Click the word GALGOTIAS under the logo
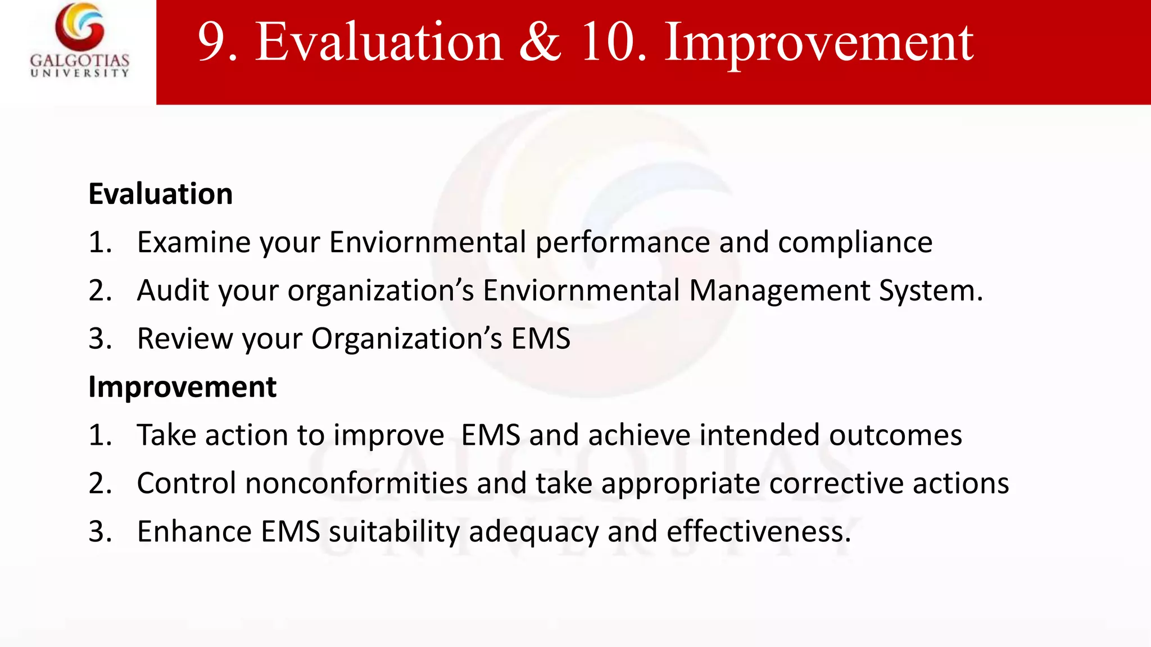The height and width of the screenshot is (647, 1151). pos(80,60)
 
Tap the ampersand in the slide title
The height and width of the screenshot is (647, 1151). pos(540,43)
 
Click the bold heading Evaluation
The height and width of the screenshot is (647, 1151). pos(161,194)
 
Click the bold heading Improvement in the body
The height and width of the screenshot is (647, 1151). pos(183,387)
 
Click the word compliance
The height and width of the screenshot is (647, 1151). pos(855,243)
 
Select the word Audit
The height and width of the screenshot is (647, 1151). pos(173,291)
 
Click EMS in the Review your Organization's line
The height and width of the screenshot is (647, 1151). pos(540,339)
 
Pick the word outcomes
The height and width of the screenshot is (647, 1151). pos(895,436)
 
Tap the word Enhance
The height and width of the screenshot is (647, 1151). pos(194,532)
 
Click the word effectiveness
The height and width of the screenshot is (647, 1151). pos(758,532)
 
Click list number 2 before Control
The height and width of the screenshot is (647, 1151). pos(99,484)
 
